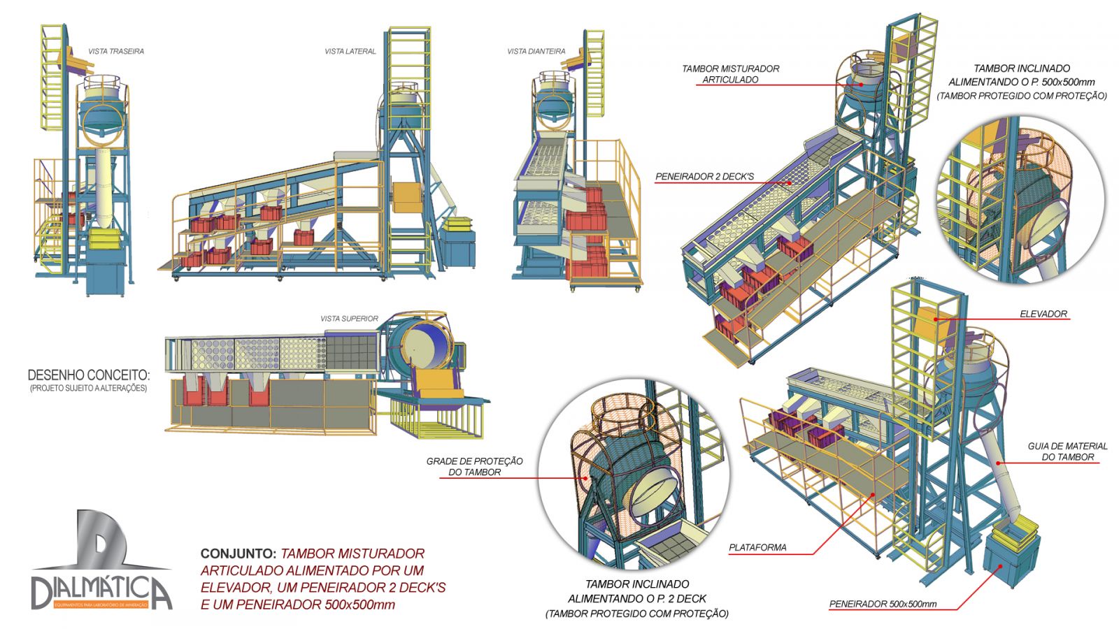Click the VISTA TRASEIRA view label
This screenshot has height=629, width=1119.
[116, 51]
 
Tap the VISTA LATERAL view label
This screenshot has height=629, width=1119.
[350, 51]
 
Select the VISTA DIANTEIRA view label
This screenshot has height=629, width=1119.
[536, 51]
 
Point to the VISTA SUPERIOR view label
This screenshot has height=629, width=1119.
[349, 319]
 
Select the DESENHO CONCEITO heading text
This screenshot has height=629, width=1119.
[89, 375]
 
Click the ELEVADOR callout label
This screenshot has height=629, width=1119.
[1043, 314]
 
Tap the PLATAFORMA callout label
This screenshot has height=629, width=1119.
[757, 547]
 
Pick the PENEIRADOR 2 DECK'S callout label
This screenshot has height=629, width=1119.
[704, 177]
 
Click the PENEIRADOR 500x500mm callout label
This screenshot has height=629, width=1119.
[883, 604]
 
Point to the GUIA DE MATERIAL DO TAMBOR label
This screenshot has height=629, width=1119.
[1067, 451]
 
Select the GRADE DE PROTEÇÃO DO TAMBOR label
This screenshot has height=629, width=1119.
[475, 466]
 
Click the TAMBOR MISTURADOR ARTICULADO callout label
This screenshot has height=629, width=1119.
[730, 74]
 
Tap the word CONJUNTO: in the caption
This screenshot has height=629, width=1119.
[238, 554]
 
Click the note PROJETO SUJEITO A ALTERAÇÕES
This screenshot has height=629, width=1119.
[89, 388]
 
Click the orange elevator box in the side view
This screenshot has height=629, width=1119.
[404, 196]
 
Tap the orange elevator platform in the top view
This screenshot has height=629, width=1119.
[434, 383]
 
